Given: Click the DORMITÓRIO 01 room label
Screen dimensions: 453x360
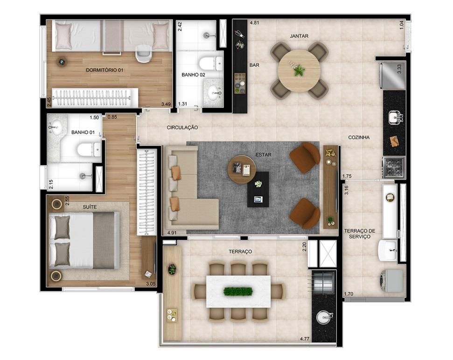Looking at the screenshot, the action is tap(105, 70).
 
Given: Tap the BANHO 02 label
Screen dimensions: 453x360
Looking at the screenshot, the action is tap(193, 75).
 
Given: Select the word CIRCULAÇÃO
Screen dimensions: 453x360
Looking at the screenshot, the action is tap(182, 127).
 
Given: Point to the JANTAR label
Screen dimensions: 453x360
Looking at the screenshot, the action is tap(299, 36).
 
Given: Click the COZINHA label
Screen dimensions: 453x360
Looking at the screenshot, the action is tap(359, 138).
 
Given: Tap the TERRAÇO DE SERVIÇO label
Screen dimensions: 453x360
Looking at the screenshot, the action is tap(360, 234).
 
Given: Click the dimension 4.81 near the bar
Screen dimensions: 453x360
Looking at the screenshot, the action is tap(254, 22).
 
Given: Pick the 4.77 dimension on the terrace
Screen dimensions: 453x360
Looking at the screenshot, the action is tap(305, 339).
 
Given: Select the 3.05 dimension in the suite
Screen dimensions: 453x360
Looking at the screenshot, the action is tap(151, 284).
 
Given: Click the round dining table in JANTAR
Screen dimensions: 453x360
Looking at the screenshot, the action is tap(299, 71).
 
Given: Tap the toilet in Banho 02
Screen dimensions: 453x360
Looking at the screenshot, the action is tap(210, 63).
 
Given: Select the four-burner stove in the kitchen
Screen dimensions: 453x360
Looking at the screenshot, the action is tap(394, 167).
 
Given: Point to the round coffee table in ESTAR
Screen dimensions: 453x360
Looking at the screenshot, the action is tap(242, 169).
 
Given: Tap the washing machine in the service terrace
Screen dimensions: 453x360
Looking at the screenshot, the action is tap(392, 281).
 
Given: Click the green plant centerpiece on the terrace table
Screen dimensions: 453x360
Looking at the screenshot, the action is tap(238, 291).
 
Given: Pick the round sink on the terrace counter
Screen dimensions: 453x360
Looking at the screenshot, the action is tap(324, 318).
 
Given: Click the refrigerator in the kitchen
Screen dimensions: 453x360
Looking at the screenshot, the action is tap(393, 75).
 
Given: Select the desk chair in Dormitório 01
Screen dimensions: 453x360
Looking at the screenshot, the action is tap(143, 54).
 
